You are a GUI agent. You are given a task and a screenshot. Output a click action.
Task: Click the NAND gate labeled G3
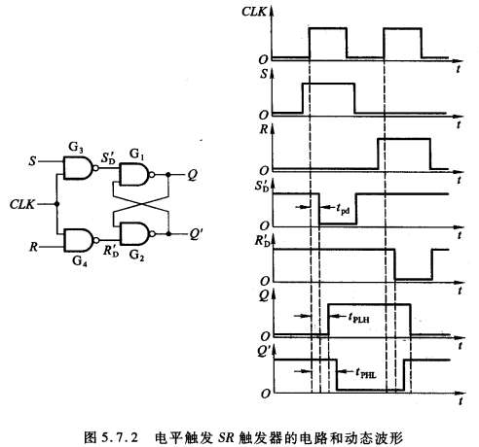click(74, 169)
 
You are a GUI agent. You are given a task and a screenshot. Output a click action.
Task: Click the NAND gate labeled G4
click(74, 240)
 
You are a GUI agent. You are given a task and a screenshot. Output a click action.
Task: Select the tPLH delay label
click(364, 315)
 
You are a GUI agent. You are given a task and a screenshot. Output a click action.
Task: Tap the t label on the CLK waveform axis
click(459, 71)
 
